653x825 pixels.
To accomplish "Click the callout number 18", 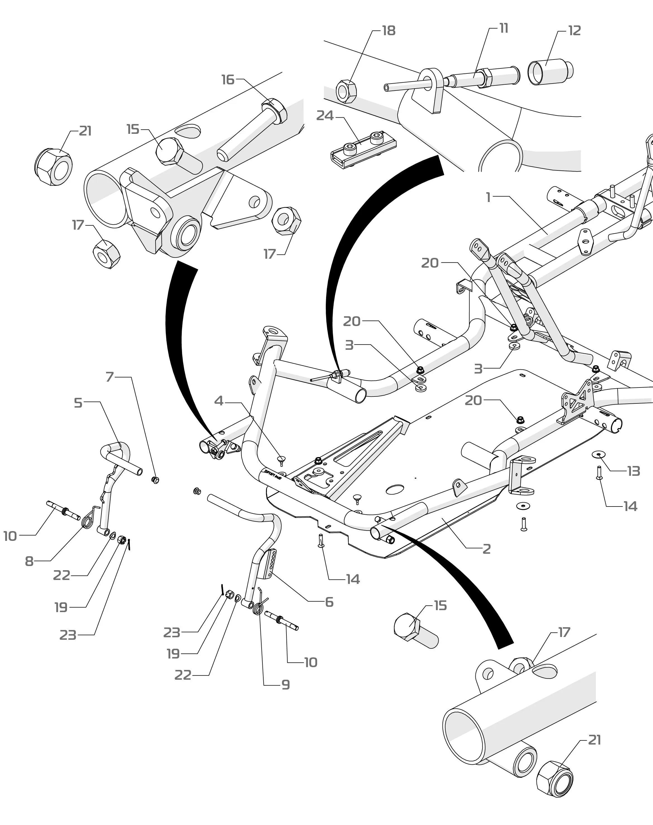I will click(x=389, y=31).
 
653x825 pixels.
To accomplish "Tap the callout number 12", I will click(x=574, y=31).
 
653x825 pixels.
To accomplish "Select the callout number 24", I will click(x=325, y=116).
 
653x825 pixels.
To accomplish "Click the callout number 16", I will click(x=228, y=80).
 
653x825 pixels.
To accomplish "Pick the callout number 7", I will click(x=110, y=377).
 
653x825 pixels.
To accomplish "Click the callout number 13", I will click(x=633, y=471).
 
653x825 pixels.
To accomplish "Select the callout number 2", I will click(x=486, y=549).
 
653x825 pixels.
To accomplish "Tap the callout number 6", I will click(x=329, y=602).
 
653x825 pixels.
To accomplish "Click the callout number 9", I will click(x=286, y=684).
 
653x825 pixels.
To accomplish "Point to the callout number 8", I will click(x=29, y=561).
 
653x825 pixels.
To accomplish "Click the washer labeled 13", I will click(x=599, y=454).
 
